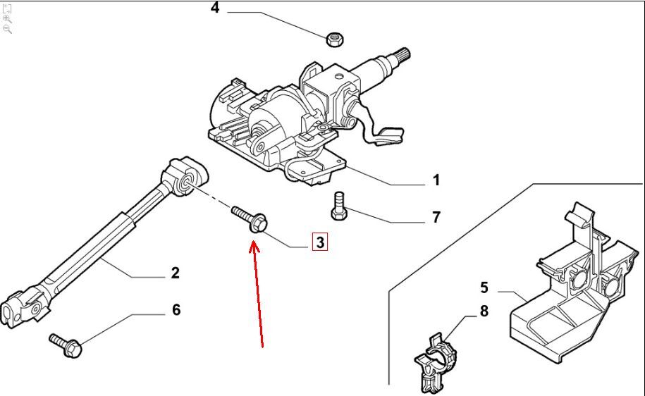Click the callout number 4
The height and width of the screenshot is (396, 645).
pyautogui.click(x=215, y=9)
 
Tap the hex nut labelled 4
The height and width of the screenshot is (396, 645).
pyautogui.click(x=335, y=38)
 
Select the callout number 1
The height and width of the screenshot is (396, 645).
pyautogui.click(x=436, y=180)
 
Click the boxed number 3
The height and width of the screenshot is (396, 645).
pyautogui.click(x=320, y=243)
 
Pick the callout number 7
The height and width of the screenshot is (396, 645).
pyautogui.click(x=436, y=217)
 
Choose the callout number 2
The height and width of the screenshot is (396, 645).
pyautogui.click(x=176, y=273)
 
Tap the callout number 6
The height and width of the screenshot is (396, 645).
pyautogui.click(x=176, y=309)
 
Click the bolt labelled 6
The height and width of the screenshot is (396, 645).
pyautogui.click(x=66, y=345)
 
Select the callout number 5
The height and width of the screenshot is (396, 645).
pyautogui.click(x=484, y=287)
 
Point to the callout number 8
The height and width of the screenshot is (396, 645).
pyautogui.click(x=484, y=311)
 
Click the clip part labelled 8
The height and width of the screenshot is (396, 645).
pyautogui.click(x=433, y=361)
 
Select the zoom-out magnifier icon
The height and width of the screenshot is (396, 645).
pyautogui.click(x=7, y=29)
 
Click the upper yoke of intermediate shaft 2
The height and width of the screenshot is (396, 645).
pyautogui.click(x=186, y=178)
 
